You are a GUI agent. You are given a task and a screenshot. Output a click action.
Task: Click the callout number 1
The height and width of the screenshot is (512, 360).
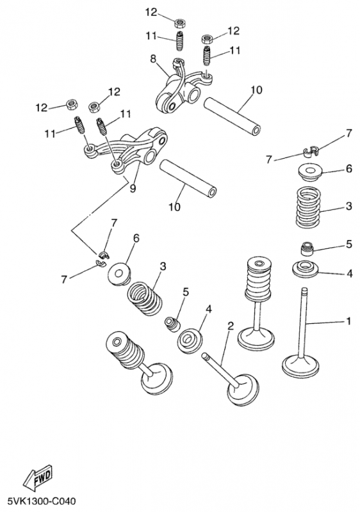[x=348, y=321]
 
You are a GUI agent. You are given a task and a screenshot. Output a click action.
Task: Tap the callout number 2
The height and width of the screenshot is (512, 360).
[x=231, y=326]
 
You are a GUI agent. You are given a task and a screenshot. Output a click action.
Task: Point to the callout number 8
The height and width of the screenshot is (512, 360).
[x=153, y=59]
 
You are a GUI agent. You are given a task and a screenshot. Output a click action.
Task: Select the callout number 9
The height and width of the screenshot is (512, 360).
[x=133, y=188]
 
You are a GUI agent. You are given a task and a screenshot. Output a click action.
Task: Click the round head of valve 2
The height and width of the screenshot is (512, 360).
[x=243, y=390]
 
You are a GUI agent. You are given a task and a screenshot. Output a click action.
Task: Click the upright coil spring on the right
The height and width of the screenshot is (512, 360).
[x=307, y=207]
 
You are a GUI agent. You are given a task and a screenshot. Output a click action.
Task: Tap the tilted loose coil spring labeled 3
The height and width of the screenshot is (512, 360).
[x=144, y=299]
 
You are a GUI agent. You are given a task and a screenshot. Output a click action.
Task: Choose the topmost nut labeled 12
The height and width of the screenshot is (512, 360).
[x=179, y=23]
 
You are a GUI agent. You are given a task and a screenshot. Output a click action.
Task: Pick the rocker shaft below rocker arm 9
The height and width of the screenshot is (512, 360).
[x=188, y=179]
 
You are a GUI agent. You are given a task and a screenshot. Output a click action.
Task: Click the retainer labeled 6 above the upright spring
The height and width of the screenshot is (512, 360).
[x=309, y=172]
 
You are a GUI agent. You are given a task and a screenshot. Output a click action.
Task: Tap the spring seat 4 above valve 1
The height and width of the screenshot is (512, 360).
[x=305, y=269]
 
